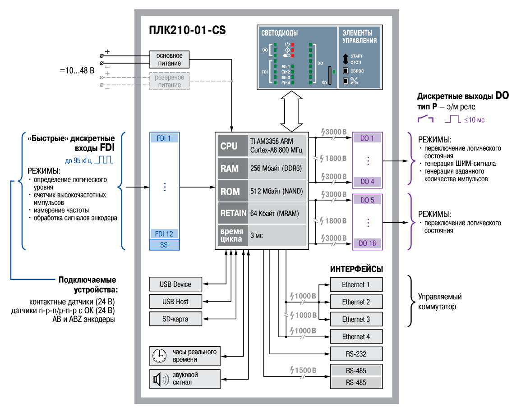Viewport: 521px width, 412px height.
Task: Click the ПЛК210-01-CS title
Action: click(x=187, y=30)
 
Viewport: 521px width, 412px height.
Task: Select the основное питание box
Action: click(x=170, y=60)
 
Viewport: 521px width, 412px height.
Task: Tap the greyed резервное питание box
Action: click(x=170, y=81)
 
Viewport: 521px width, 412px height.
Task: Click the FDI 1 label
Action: click(x=164, y=138)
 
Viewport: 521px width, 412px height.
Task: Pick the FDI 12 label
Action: click(x=164, y=233)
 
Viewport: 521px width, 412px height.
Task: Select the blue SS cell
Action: click(x=164, y=245)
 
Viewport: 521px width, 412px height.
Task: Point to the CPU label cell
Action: click(x=233, y=146)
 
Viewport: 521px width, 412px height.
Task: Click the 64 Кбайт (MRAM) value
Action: click(x=274, y=213)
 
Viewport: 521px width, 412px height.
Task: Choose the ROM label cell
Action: click(x=233, y=191)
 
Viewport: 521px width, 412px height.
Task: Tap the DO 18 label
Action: click(x=367, y=243)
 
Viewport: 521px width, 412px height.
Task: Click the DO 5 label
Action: click(x=367, y=200)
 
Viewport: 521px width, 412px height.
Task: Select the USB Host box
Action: click(x=175, y=302)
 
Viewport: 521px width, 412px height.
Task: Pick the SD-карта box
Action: click(x=175, y=319)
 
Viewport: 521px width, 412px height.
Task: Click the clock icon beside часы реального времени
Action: click(x=160, y=356)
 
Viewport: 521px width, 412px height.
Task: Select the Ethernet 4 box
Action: click(x=356, y=336)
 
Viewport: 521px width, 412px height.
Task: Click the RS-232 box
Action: click(x=356, y=354)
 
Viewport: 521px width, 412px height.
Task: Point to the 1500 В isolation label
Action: click(x=303, y=370)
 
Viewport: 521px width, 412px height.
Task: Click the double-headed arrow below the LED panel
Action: click(x=291, y=111)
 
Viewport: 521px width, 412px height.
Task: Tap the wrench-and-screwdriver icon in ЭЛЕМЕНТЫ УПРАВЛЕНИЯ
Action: click(x=354, y=81)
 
